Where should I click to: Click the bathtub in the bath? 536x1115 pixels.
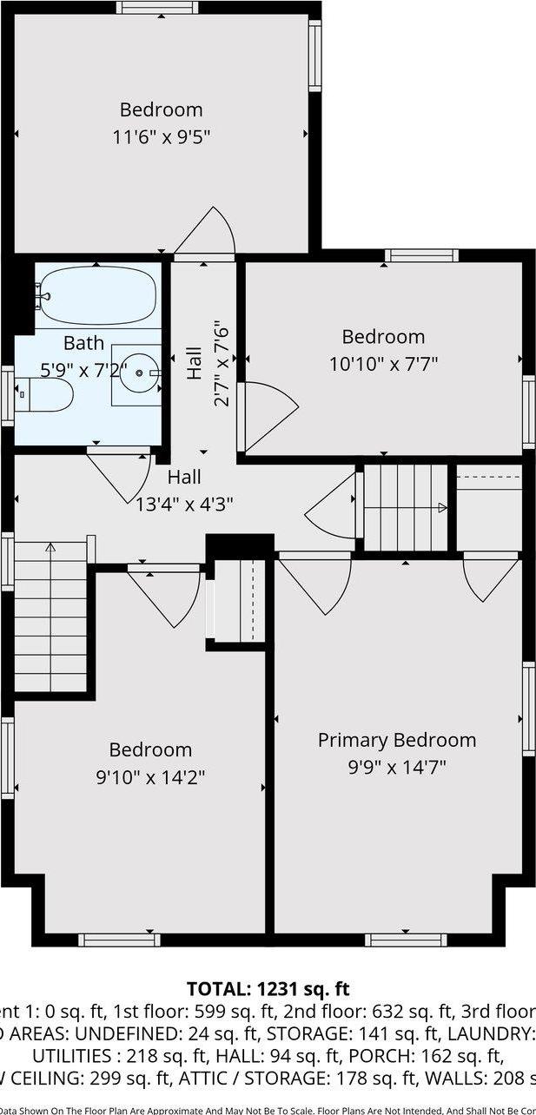pos(96,294)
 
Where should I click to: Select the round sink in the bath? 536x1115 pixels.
pos(137,374)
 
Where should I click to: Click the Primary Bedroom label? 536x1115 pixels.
pos(396,740)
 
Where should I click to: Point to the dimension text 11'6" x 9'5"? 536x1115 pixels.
pos(162,136)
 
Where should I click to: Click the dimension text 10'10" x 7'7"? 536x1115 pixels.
pos(383,365)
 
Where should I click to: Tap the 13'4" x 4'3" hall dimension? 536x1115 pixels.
pos(184,503)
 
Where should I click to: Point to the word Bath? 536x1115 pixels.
pos(83,343)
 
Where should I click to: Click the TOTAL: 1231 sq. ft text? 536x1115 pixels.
pos(268,988)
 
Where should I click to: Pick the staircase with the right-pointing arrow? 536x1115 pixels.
pos(405,507)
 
